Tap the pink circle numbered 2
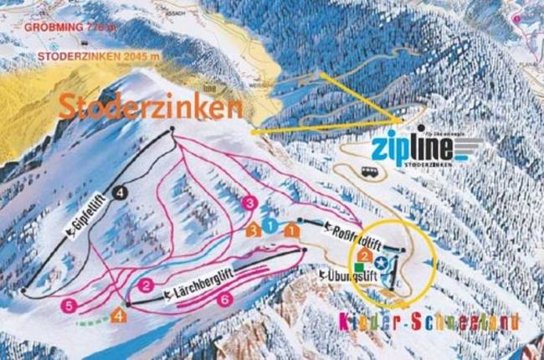[146, 286]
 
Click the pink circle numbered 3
[248, 203]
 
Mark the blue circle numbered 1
[270, 227]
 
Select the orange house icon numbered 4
[120, 316]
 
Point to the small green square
[361, 267]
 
